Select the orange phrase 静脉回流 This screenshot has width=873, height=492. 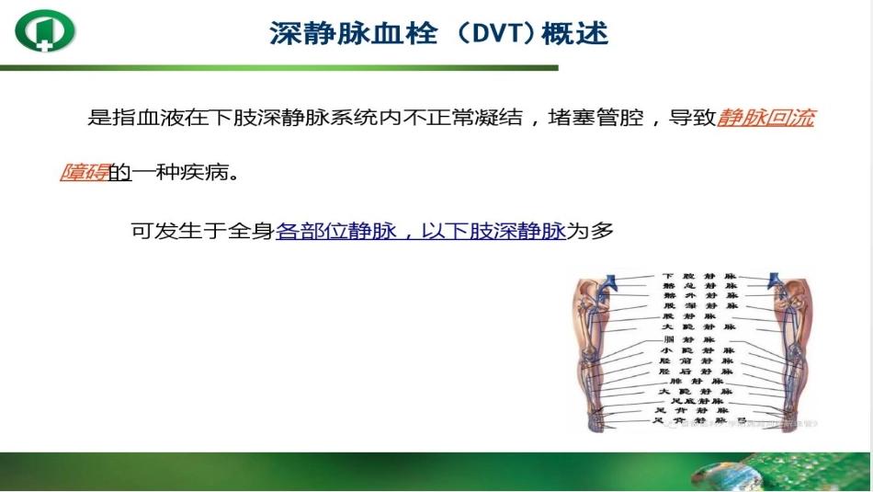pos(766,119)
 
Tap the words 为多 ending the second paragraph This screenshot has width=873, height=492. pos(590,231)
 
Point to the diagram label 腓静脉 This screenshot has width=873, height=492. pos(697,381)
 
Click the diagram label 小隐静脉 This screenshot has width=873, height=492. pos(698,350)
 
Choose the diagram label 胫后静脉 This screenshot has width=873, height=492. pos(698,371)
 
